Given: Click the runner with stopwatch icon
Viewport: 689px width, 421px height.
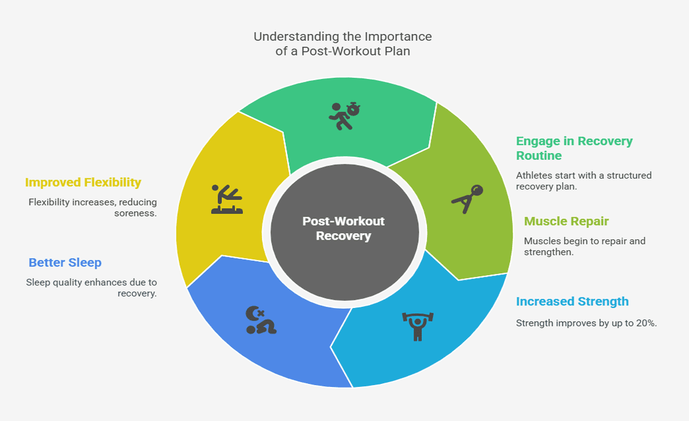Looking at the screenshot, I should pyautogui.click(x=344, y=115).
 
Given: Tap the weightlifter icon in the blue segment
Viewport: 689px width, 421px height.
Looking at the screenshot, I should pyautogui.click(x=416, y=326).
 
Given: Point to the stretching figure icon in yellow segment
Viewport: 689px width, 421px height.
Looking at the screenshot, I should pyautogui.click(x=227, y=199).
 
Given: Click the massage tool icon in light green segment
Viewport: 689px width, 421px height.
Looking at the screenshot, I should pyautogui.click(x=467, y=199).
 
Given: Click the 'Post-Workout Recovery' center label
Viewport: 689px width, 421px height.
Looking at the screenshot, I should pyautogui.click(x=343, y=228).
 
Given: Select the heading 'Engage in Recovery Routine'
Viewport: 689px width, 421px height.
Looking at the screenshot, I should pyautogui.click(x=574, y=148).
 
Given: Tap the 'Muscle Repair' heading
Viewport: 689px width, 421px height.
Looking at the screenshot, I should pyautogui.click(x=566, y=221).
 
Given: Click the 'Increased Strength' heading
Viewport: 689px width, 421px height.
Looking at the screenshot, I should pyautogui.click(x=572, y=301).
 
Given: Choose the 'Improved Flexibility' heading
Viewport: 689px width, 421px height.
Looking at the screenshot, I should pyautogui.click(x=83, y=182).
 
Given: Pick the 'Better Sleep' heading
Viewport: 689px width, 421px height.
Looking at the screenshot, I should pyautogui.click(x=65, y=263).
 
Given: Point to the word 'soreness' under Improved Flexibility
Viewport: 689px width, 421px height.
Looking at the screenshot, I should pyautogui.click(x=135, y=213).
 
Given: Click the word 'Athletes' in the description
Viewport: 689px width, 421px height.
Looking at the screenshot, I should pyautogui.click(x=535, y=176).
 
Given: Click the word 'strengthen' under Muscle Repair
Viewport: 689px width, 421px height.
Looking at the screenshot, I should pyautogui.click(x=545, y=252).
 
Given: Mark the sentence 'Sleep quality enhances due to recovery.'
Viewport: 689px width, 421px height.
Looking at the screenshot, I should pyautogui.click(x=92, y=288).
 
